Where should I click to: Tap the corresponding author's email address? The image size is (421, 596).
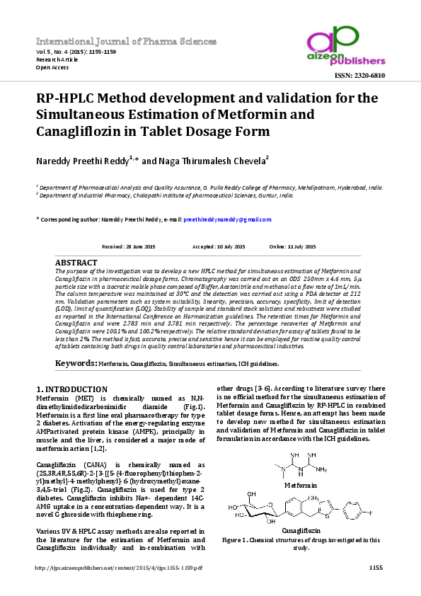click(x=227, y=220)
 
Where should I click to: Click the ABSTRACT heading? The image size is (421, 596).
click(x=76, y=262)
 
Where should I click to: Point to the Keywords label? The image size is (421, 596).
click(x=76, y=363)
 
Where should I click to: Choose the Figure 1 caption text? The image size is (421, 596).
click(x=301, y=543)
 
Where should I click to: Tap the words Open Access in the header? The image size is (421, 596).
click(x=52, y=68)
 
